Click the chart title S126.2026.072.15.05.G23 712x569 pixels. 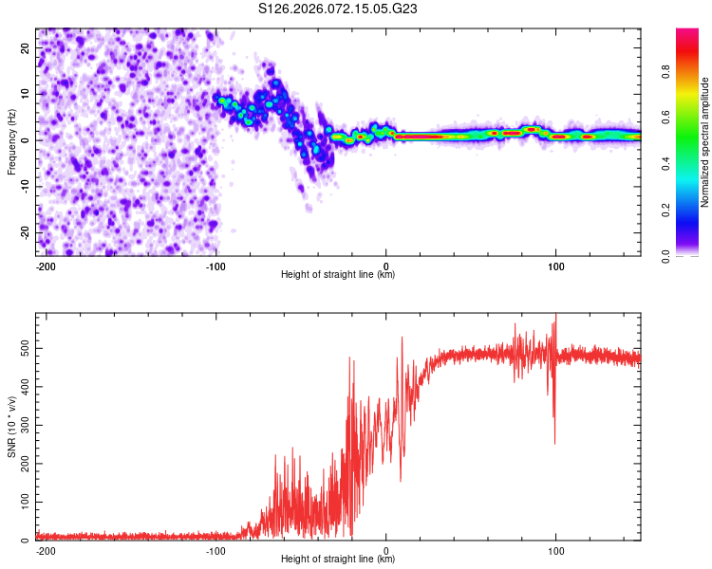339,9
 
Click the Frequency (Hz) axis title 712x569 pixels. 11,140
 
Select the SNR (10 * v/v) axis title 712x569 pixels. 11,426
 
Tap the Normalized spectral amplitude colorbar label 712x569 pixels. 705,142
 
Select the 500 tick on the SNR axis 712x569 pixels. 23,349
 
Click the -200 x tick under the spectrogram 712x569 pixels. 47,266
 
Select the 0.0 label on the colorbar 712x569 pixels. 667,254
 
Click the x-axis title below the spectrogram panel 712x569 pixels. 338,275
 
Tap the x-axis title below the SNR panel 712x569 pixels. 338,560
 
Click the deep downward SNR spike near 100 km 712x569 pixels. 555,441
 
